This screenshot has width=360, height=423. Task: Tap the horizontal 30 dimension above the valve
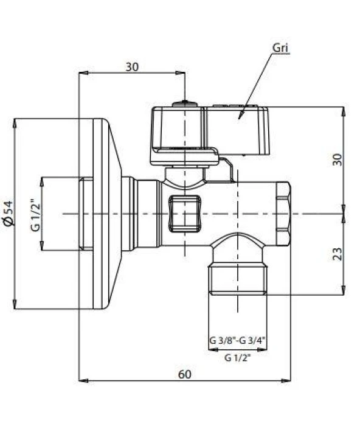point(132,66)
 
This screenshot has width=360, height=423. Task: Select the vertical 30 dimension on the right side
point(338,159)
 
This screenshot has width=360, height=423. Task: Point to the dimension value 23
point(338,253)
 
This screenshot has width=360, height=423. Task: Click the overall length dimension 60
point(184,374)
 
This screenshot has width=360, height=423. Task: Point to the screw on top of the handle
point(184,104)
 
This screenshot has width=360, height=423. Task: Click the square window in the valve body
point(184,214)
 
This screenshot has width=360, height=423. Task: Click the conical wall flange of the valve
point(103,214)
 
